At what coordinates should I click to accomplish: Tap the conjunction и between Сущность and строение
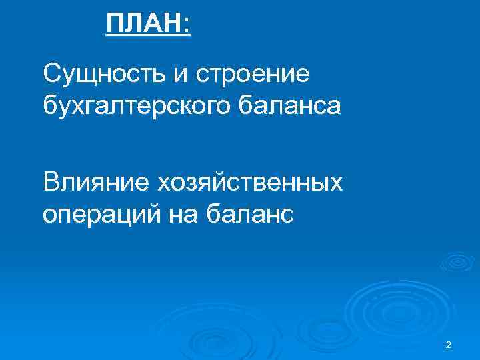click(181, 75)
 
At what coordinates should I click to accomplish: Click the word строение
click(253, 75)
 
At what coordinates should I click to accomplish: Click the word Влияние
click(95, 181)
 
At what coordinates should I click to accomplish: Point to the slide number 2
click(448, 344)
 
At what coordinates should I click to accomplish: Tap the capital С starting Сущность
click(50, 73)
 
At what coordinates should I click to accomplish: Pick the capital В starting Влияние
click(50, 181)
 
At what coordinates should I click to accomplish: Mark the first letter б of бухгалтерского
click(49, 105)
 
